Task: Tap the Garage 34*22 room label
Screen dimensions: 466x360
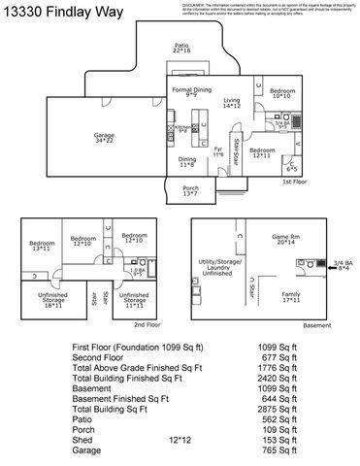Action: click(103, 138)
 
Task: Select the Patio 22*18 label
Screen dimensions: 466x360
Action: click(180, 48)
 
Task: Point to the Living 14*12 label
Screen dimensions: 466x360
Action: click(231, 102)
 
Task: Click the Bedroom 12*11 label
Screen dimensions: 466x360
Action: click(263, 153)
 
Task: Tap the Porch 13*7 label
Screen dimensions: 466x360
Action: click(190, 191)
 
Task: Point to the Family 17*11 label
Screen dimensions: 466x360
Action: click(290, 296)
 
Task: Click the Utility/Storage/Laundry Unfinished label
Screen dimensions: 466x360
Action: click(220, 268)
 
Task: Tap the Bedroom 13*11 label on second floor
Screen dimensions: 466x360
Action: click(42, 247)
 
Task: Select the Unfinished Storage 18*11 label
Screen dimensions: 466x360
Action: click(52, 300)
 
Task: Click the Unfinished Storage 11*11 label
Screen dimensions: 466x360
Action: click(134, 300)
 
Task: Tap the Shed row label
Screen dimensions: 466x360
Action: click(84, 438)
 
